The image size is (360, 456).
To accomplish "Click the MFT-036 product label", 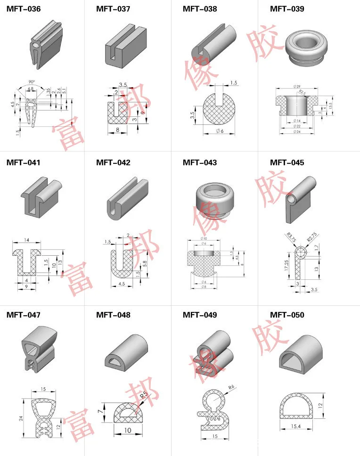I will click(x=23, y=9).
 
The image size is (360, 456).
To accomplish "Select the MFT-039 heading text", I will click(x=287, y=9).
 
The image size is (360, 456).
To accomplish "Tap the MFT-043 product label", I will click(x=200, y=163).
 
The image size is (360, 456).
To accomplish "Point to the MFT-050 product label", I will click(x=287, y=315).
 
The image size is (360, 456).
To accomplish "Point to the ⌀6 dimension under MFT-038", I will click(x=220, y=130).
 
